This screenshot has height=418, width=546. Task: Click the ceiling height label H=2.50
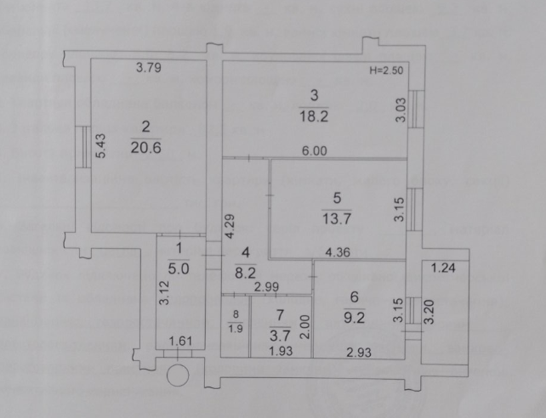[x=386, y=71]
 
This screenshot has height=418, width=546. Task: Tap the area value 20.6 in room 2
[x=146, y=148]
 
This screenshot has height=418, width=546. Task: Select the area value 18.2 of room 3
[x=314, y=116]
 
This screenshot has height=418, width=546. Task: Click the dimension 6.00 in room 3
[x=315, y=151]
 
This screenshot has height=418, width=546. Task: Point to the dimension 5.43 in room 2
[x=100, y=146]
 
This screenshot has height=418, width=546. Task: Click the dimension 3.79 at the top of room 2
[x=149, y=67]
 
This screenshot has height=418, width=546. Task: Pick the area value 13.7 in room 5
[x=337, y=219]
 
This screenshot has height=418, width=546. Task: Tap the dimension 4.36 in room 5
[x=338, y=252]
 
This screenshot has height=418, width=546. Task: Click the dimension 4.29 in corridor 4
[x=230, y=226]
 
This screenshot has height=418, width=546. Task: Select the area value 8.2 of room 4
[x=246, y=273]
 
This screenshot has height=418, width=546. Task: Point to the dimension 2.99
[x=266, y=287]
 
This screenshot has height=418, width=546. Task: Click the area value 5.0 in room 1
[x=179, y=268]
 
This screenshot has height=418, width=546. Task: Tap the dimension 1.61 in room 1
[x=180, y=341]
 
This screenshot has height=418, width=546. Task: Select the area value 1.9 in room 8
[x=236, y=328]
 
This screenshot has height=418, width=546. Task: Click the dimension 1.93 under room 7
[x=281, y=351]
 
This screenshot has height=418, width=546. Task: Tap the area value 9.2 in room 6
[x=354, y=318]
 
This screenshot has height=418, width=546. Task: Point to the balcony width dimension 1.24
[x=443, y=268]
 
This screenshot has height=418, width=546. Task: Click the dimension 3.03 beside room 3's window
[x=401, y=110]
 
